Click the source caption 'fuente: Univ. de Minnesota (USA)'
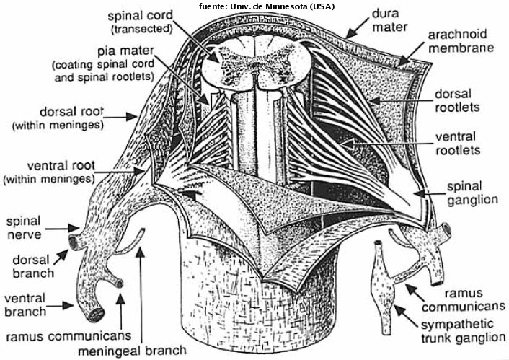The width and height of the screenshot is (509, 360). [x=257, y=6]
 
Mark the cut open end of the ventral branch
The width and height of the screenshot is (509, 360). [x=93, y=312]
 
